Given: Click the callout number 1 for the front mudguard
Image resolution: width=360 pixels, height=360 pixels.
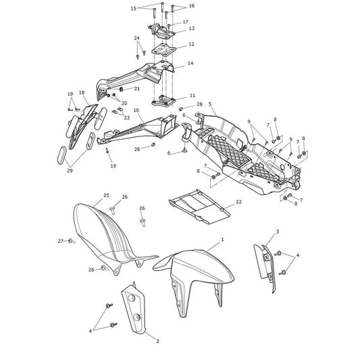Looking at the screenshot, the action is [222, 240].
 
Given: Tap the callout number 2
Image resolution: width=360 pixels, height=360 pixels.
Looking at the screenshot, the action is [157, 341].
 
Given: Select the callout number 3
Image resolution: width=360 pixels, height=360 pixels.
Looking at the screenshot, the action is [278, 232].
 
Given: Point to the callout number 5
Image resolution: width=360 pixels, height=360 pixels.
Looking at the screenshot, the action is [210, 104].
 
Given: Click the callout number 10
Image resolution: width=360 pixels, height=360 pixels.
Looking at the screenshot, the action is [136, 111].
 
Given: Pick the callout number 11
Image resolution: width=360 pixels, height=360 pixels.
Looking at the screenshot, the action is [192, 95].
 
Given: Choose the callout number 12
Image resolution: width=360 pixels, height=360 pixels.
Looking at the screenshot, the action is [191, 44].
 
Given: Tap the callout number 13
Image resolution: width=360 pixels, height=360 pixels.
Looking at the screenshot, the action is [191, 28].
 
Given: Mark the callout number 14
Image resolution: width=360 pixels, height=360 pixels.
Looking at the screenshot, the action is [190, 63].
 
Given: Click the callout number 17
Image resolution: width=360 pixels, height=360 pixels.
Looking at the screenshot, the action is [186, 22].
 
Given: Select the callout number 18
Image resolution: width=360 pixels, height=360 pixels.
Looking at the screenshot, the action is [82, 93].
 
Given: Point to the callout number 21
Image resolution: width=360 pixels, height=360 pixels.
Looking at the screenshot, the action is [137, 88].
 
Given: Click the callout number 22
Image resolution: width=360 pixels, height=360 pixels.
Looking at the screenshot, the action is [239, 201].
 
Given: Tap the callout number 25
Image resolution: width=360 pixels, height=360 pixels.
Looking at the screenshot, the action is [106, 195].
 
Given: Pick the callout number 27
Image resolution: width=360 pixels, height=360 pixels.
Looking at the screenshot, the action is [60, 241].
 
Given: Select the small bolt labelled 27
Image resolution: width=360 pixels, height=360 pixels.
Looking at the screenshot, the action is [72, 241].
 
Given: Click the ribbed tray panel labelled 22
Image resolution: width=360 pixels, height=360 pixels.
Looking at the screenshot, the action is [199, 207].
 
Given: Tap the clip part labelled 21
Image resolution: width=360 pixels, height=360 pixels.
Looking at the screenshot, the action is [122, 89].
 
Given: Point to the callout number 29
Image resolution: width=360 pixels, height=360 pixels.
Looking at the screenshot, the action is [70, 170].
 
